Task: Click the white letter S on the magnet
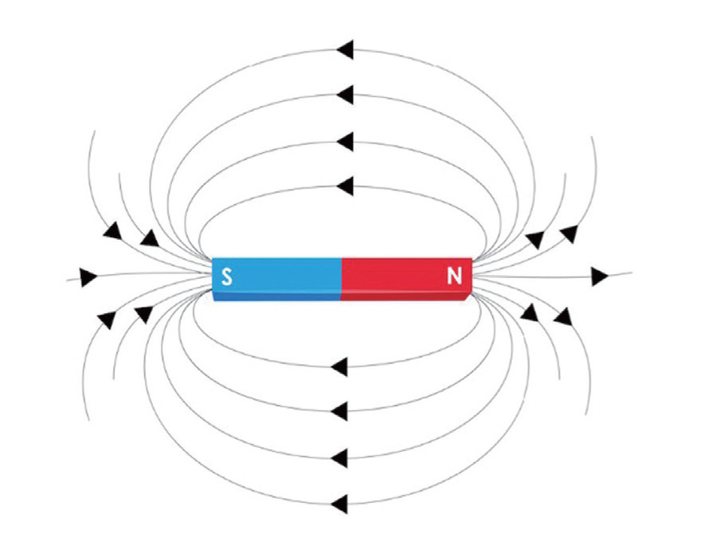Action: point(227,277)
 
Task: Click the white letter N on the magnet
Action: point(454,276)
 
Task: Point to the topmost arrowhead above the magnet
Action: point(345,49)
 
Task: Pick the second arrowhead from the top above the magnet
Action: point(345,96)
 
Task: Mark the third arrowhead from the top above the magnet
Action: point(345,142)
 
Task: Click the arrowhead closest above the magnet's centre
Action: point(345,186)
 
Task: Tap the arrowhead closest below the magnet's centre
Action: point(339,367)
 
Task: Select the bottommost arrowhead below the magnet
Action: point(339,504)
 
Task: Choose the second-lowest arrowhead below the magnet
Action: point(339,458)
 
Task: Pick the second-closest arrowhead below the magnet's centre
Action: point(339,412)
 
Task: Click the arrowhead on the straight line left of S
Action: point(88,277)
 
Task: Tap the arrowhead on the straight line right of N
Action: point(600,276)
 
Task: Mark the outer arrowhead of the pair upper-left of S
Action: point(112,231)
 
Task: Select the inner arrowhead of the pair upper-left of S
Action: point(149,237)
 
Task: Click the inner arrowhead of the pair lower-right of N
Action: point(529,312)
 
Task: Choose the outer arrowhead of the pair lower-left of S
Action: point(106,320)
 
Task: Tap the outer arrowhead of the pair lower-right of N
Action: point(563,317)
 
